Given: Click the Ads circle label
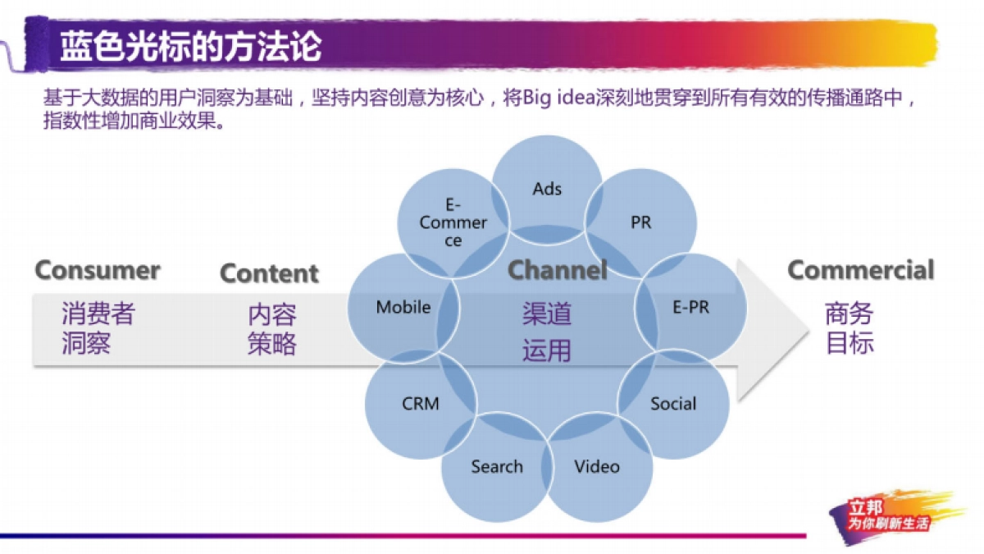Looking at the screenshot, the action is [547, 189].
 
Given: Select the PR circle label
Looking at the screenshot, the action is [641, 222].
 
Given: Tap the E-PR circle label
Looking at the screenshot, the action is [691, 307].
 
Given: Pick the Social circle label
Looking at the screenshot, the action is [673, 404].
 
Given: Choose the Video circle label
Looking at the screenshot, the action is [597, 466].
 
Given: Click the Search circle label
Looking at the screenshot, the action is [497, 466].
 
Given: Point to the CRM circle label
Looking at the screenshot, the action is [421, 404].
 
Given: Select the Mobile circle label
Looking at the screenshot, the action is [403, 307].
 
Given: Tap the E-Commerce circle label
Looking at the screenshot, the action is [453, 222].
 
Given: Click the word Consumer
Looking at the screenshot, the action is [98, 270].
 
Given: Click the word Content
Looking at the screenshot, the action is [269, 273].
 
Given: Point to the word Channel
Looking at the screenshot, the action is [558, 269].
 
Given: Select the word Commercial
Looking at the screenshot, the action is [861, 270].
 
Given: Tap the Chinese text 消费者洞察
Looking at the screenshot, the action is [98, 328].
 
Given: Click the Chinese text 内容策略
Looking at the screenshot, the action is [272, 329].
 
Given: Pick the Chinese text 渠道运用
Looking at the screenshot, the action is [547, 332].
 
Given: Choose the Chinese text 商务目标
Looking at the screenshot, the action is [850, 328].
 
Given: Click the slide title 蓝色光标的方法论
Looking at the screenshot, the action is [190, 46].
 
